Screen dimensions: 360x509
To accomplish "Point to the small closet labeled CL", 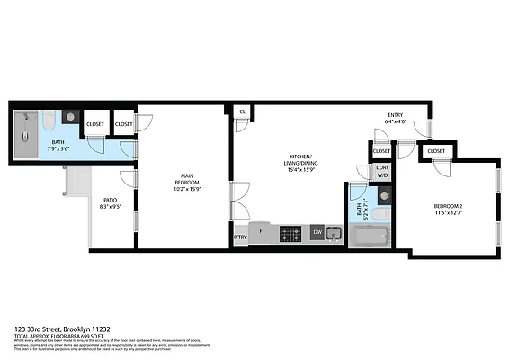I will click(242, 112).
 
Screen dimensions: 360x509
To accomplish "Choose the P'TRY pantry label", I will click(240, 238).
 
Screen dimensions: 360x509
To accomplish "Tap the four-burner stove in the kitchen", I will click(291, 234).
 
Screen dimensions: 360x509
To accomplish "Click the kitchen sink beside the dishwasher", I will click(333, 234).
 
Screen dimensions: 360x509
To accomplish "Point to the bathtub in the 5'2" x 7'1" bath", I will click(369, 238).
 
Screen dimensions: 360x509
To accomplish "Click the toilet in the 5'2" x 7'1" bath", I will click(381, 214).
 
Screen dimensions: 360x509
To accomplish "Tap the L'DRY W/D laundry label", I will click(382, 172).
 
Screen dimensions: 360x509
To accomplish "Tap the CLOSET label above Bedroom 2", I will click(436, 151).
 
